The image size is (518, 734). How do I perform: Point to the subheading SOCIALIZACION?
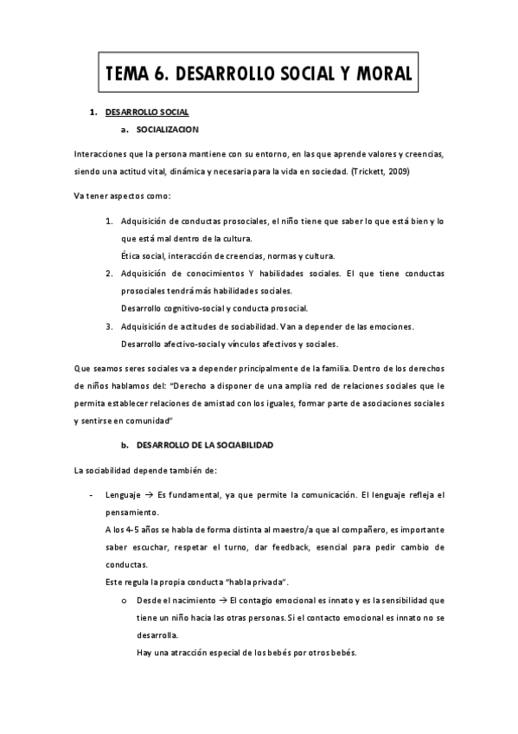[167, 130]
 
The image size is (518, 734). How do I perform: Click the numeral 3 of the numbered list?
[110, 325]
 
